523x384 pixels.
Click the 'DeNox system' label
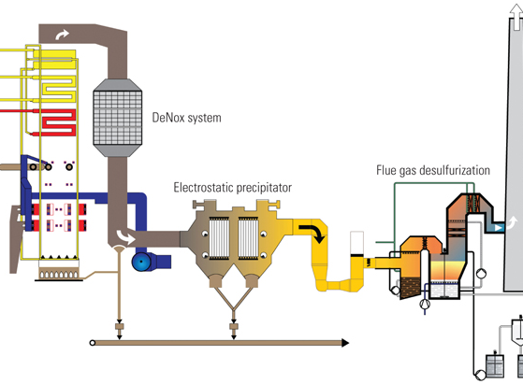click(186, 118)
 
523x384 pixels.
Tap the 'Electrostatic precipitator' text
click(232, 188)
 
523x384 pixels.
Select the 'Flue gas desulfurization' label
click(433, 170)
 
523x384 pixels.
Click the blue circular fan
click(141, 262)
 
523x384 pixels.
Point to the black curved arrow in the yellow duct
click(313, 232)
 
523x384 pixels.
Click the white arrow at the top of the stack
click(516, 17)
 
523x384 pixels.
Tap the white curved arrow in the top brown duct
click(63, 35)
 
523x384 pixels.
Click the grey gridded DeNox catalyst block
click(117, 118)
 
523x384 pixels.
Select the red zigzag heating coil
click(59, 122)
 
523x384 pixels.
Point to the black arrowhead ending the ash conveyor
click(345, 343)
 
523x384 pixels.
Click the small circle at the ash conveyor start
click(93, 343)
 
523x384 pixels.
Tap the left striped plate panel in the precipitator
click(219, 237)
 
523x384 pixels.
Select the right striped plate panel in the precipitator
click(248, 237)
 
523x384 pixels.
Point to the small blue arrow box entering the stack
click(499, 228)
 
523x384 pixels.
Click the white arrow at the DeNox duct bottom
click(125, 237)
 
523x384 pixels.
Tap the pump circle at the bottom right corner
click(480, 375)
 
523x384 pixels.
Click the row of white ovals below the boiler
click(59, 275)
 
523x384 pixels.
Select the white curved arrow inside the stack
click(512, 222)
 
